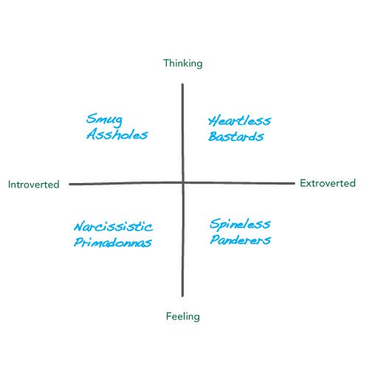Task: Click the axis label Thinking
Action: click(183, 63)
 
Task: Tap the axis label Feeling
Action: click(183, 317)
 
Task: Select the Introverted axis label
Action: click(34, 184)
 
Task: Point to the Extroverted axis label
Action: click(328, 183)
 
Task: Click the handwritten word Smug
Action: click(104, 120)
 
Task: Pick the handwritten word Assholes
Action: click(117, 134)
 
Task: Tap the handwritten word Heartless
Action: click(240, 120)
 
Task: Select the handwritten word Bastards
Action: click(236, 137)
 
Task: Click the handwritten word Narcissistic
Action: click(113, 227)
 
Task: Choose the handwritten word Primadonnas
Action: click(113, 242)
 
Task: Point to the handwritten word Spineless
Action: click(240, 224)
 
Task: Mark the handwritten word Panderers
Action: click(241, 240)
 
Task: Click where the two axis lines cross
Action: click(183, 183)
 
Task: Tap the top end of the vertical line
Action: click(182, 84)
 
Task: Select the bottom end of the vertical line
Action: click(182, 296)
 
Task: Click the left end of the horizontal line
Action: click(70, 184)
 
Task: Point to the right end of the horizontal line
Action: click(294, 183)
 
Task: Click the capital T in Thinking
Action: click(167, 63)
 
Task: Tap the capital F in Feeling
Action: click(169, 316)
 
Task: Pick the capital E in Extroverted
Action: click(303, 183)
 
